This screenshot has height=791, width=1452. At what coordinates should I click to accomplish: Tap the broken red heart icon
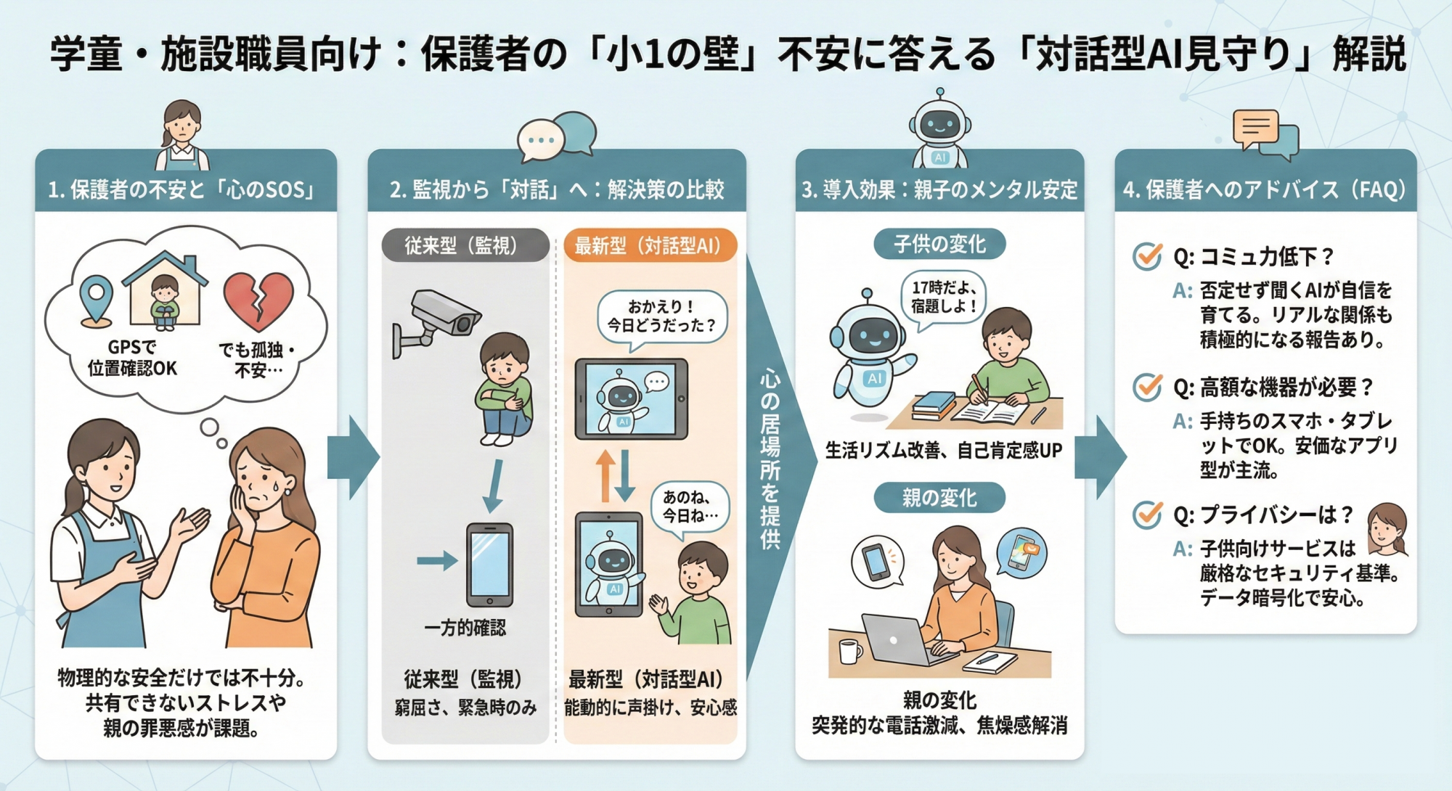(x=258, y=300)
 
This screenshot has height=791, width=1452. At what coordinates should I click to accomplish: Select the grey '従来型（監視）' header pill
(x=465, y=246)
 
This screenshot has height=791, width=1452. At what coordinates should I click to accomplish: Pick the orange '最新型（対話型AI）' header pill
(x=650, y=246)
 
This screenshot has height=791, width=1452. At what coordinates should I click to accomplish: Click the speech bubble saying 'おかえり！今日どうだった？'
(x=661, y=318)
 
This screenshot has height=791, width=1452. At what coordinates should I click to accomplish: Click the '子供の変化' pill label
(x=939, y=244)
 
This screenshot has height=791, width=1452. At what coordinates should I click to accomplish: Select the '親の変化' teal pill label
(x=939, y=498)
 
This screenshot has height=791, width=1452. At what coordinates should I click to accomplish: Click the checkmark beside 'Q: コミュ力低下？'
(x=1147, y=255)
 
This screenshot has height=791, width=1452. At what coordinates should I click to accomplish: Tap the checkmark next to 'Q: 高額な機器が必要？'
(x=1147, y=387)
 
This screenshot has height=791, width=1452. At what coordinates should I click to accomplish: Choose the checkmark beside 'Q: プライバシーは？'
(x=1147, y=515)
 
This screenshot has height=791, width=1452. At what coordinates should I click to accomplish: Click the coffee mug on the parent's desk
(x=850, y=651)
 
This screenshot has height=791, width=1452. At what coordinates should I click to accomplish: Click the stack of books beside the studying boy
(x=934, y=406)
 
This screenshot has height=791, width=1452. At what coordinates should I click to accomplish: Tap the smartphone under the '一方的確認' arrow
(x=489, y=565)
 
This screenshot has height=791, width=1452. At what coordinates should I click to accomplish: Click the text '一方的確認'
(x=465, y=628)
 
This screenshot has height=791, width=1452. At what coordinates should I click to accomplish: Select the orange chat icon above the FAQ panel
(x=1255, y=129)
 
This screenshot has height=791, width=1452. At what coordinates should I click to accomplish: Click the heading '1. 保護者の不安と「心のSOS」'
(x=181, y=190)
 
